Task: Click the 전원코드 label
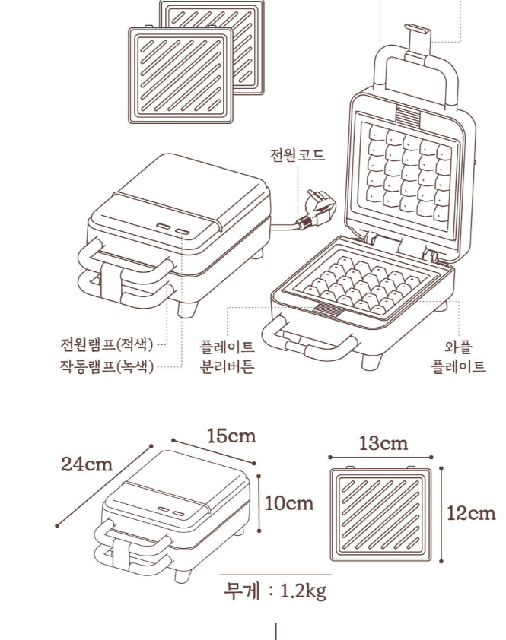298,155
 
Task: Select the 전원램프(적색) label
107,345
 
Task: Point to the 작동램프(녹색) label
107,366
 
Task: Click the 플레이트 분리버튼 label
228,356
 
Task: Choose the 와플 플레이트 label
459,356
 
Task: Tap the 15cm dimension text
231,436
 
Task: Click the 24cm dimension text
87,464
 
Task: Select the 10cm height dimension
289,503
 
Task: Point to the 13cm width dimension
383,444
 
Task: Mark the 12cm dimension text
471,513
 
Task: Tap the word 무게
241,591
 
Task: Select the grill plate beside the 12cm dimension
381,515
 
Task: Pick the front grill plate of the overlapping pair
181,75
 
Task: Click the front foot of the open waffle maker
371,362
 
